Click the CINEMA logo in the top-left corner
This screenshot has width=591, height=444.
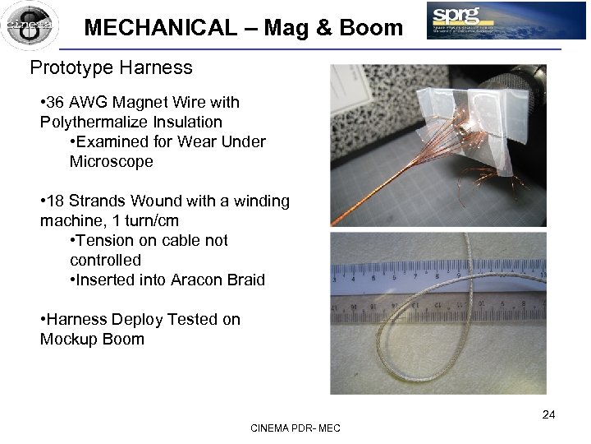point(30,25)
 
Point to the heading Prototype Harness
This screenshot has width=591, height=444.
point(111,67)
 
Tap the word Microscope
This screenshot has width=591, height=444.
point(111,162)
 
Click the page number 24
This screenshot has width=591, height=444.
point(548,414)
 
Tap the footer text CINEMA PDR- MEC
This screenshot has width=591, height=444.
point(295,429)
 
